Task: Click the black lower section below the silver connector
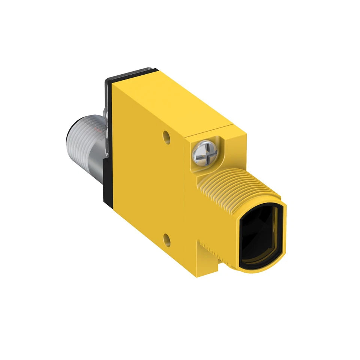pyautogui.click(x=107, y=180)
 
